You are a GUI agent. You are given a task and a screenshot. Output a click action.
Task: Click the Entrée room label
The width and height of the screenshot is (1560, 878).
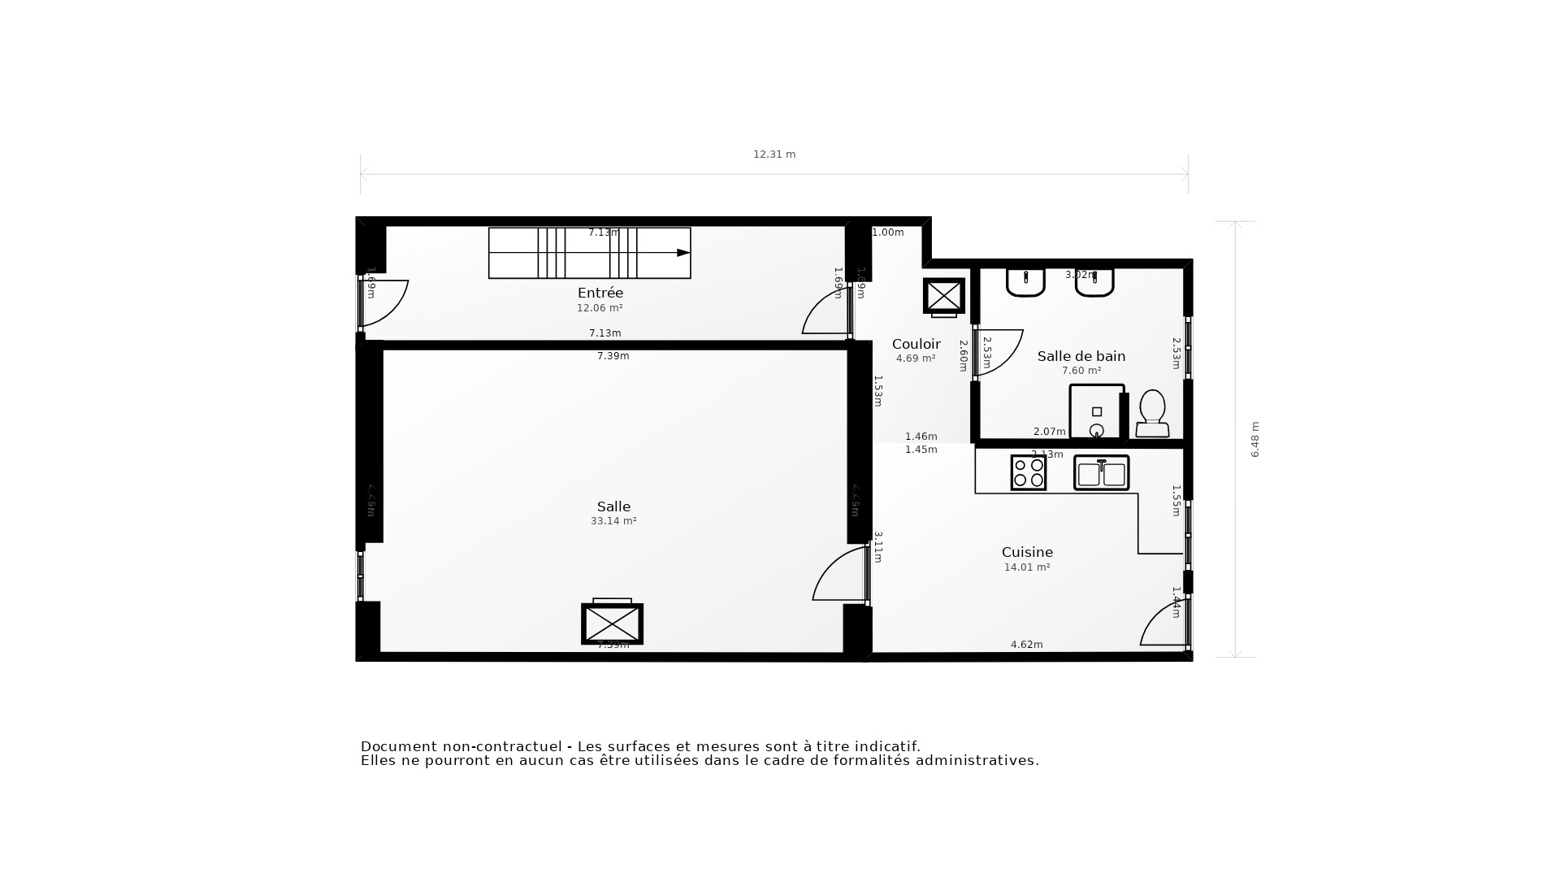click(x=600, y=293)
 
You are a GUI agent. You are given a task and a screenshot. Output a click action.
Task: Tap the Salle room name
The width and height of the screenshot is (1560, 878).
click(x=613, y=506)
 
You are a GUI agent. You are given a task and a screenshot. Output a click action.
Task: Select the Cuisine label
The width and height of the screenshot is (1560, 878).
click(x=1027, y=552)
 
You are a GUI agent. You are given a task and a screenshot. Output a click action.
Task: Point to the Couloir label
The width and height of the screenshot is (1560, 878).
click(x=916, y=344)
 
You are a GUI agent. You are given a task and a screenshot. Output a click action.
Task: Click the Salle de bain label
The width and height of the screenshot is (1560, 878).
click(x=1081, y=356)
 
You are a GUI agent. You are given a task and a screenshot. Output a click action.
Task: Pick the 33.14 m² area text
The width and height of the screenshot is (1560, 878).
click(x=613, y=521)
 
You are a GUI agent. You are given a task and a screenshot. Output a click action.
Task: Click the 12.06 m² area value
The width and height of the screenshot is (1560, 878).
click(x=600, y=308)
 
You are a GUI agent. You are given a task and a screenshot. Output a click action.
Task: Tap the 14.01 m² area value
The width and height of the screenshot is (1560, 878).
click(x=1027, y=567)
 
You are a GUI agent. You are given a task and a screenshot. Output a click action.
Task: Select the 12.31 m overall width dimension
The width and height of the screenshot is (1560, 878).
click(x=774, y=154)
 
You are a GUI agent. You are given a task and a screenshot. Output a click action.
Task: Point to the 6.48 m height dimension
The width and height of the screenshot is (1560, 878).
click(x=1254, y=439)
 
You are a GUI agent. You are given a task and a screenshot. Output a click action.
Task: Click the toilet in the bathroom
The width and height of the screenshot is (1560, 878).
click(x=1152, y=414)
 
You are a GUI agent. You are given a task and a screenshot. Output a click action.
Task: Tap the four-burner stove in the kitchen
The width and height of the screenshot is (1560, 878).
click(x=1028, y=472)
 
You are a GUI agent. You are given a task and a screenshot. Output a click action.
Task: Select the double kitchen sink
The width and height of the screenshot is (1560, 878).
click(x=1101, y=472)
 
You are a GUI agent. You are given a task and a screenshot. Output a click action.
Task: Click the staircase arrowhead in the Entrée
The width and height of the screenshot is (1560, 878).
click(x=683, y=253)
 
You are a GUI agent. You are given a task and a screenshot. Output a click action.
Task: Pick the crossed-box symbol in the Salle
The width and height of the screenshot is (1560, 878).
click(x=612, y=624)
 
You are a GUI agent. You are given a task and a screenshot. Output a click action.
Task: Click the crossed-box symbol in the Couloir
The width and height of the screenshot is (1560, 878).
click(x=943, y=295)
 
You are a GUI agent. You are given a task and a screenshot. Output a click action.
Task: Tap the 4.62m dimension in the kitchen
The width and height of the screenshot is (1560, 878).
click(x=1026, y=645)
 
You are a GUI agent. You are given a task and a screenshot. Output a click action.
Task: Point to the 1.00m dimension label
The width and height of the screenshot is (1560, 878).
click(x=887, y=233)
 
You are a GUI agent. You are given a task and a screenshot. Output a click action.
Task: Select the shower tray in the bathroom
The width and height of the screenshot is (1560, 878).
click(x=1096, y=412)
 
